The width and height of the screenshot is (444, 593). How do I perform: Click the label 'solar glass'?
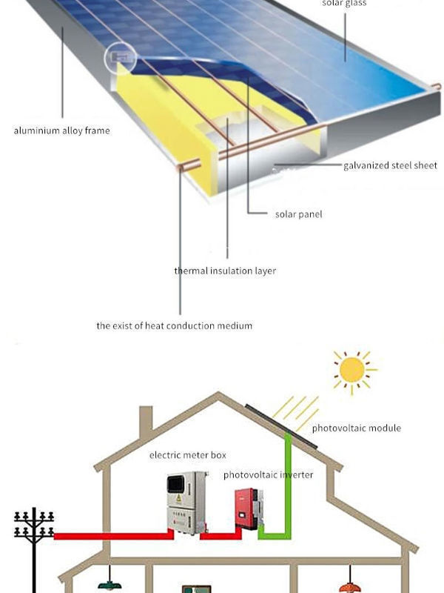click(344, 4)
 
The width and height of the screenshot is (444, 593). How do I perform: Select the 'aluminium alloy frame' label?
click(61, 131)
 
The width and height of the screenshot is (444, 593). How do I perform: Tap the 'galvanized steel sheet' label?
click(390, 165)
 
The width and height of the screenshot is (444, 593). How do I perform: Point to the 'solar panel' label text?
click(298, 214)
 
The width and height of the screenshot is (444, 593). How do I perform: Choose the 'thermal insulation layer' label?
click(225, 271)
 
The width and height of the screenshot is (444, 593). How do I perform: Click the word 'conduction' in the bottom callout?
click(185, 325)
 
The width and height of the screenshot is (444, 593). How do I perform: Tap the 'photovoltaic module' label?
click(356, 428)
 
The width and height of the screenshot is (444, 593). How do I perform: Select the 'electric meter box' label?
click(188, 454)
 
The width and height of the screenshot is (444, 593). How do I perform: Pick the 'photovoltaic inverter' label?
click(268, 474)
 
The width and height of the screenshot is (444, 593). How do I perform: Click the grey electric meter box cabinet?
click(186, 503)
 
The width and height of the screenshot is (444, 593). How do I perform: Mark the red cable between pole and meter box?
click(111, 534)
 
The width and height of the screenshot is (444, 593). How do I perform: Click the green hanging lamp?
click(110, 584)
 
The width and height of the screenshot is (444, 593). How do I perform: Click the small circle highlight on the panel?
click(121, 57)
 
